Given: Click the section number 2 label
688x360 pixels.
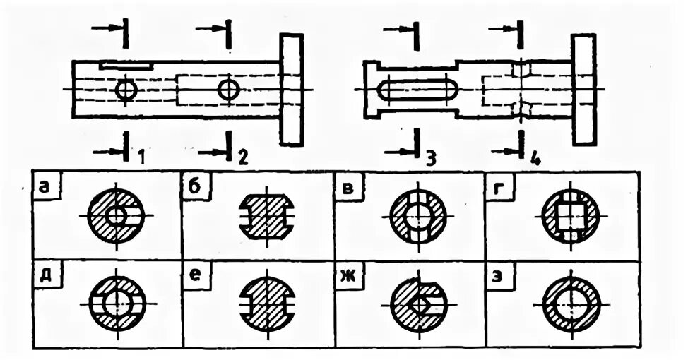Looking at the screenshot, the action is click(x=242, y=156).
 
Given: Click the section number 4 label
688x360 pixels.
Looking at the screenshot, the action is click(x=535, y=157).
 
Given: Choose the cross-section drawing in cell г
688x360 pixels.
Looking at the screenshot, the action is click(x=571, y=215).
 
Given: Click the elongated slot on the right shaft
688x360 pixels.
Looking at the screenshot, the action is click(x=418, y=90).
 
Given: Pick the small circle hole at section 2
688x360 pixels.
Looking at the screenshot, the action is click(x=229, y=90).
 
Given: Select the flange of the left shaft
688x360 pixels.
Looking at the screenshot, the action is click(x=291, y=90).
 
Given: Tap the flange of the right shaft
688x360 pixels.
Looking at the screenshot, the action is click(x=583, y=90).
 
